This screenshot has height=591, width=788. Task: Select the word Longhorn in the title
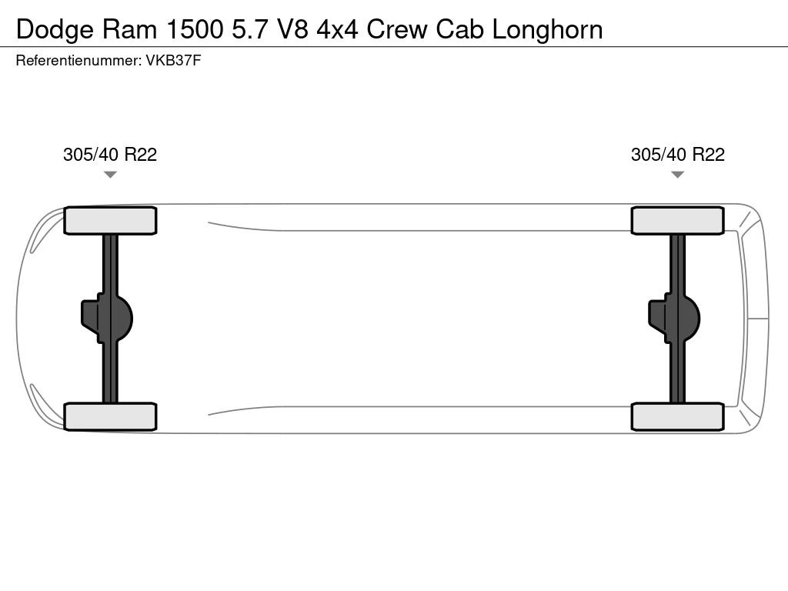point(547,29)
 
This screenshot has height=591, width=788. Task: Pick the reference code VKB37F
point(173,61)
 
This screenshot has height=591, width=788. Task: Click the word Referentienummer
point(77,61)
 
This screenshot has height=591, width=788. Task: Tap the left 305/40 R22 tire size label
point(110,155)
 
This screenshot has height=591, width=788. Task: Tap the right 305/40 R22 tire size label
point(678,155)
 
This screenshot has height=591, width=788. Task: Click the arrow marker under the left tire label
point(110,175)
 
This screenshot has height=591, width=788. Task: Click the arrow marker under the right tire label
point(677,175)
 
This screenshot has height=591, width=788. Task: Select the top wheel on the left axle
point(110,221)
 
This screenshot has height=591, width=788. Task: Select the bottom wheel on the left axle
point(110,416)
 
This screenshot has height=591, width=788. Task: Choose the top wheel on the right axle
point(677,221)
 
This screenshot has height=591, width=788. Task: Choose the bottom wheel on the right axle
point(677,416)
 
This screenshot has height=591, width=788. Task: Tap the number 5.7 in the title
point(245,29)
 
